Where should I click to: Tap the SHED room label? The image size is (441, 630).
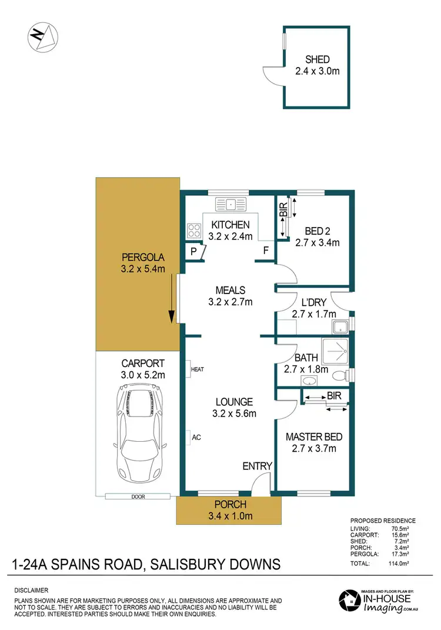point(317,59)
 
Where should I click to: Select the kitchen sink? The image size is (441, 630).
point(232,205)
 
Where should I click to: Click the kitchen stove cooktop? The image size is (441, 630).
point(195,229)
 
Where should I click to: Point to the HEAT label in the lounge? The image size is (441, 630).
point(197,369)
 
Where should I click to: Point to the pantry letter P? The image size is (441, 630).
point(192,252)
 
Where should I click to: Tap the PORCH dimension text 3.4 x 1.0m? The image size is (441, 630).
point(230,516)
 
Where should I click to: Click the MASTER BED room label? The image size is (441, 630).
point(313,437)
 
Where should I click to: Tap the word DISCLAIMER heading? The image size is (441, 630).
point(31,590)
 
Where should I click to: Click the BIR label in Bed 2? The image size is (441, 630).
point(283,209)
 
